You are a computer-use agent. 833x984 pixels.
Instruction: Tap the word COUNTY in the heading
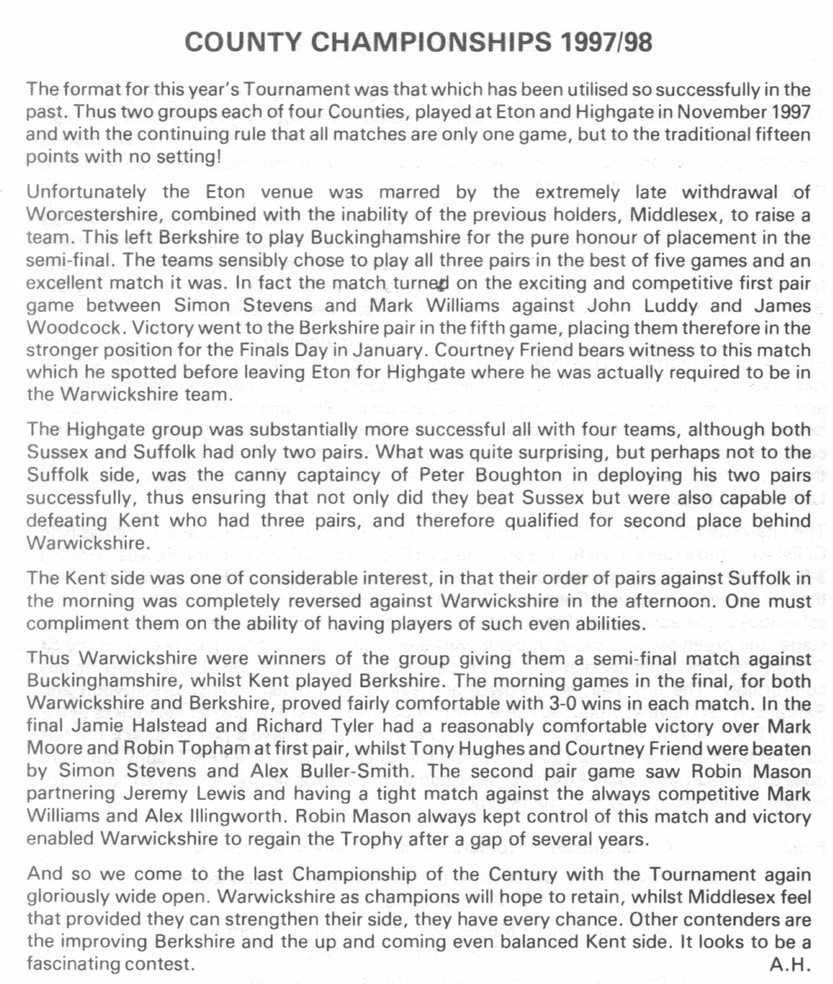[x=242, y=42]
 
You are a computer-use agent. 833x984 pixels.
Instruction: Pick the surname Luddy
[x=671, y=305]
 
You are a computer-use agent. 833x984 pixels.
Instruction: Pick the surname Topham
[x=218, y=748]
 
